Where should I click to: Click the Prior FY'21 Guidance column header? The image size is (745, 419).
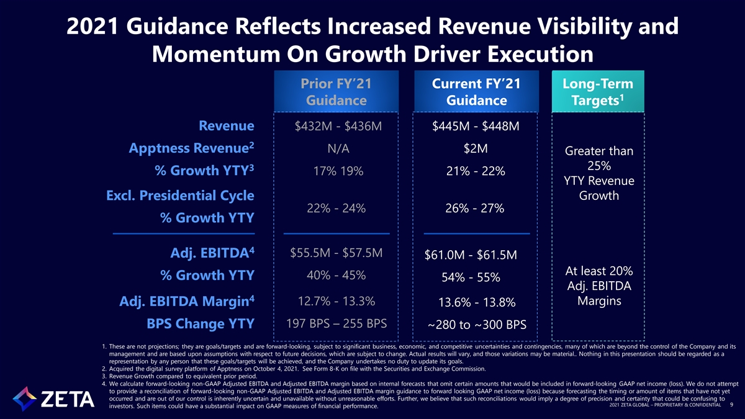point(336,91)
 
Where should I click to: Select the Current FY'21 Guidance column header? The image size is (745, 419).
point(476,91)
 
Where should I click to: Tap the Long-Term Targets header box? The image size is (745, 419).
point(598,91)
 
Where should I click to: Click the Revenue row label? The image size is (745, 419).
point(227,125)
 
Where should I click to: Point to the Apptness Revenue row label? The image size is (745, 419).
point(192,148)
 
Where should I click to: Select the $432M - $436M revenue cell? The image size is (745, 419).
point(338,127)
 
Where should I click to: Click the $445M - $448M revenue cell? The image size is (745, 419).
point(476,127)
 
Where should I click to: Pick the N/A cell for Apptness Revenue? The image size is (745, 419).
point(338,148)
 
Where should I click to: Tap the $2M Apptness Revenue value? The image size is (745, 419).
point(476,148)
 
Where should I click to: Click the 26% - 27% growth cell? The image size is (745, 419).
point(474,209)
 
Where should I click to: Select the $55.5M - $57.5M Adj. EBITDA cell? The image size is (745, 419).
point(336,253)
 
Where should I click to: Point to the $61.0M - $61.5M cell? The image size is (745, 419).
point(471,255)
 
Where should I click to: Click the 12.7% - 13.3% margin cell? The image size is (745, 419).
point(336,301)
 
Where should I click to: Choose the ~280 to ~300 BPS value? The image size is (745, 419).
point(477,325)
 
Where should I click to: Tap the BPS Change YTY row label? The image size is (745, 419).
point(201,323)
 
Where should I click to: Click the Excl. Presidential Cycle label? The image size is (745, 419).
point(180,196)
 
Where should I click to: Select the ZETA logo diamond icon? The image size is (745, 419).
point(24,399)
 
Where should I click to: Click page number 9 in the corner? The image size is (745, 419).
point(731,405)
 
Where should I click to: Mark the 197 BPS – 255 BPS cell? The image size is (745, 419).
point(336,323)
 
